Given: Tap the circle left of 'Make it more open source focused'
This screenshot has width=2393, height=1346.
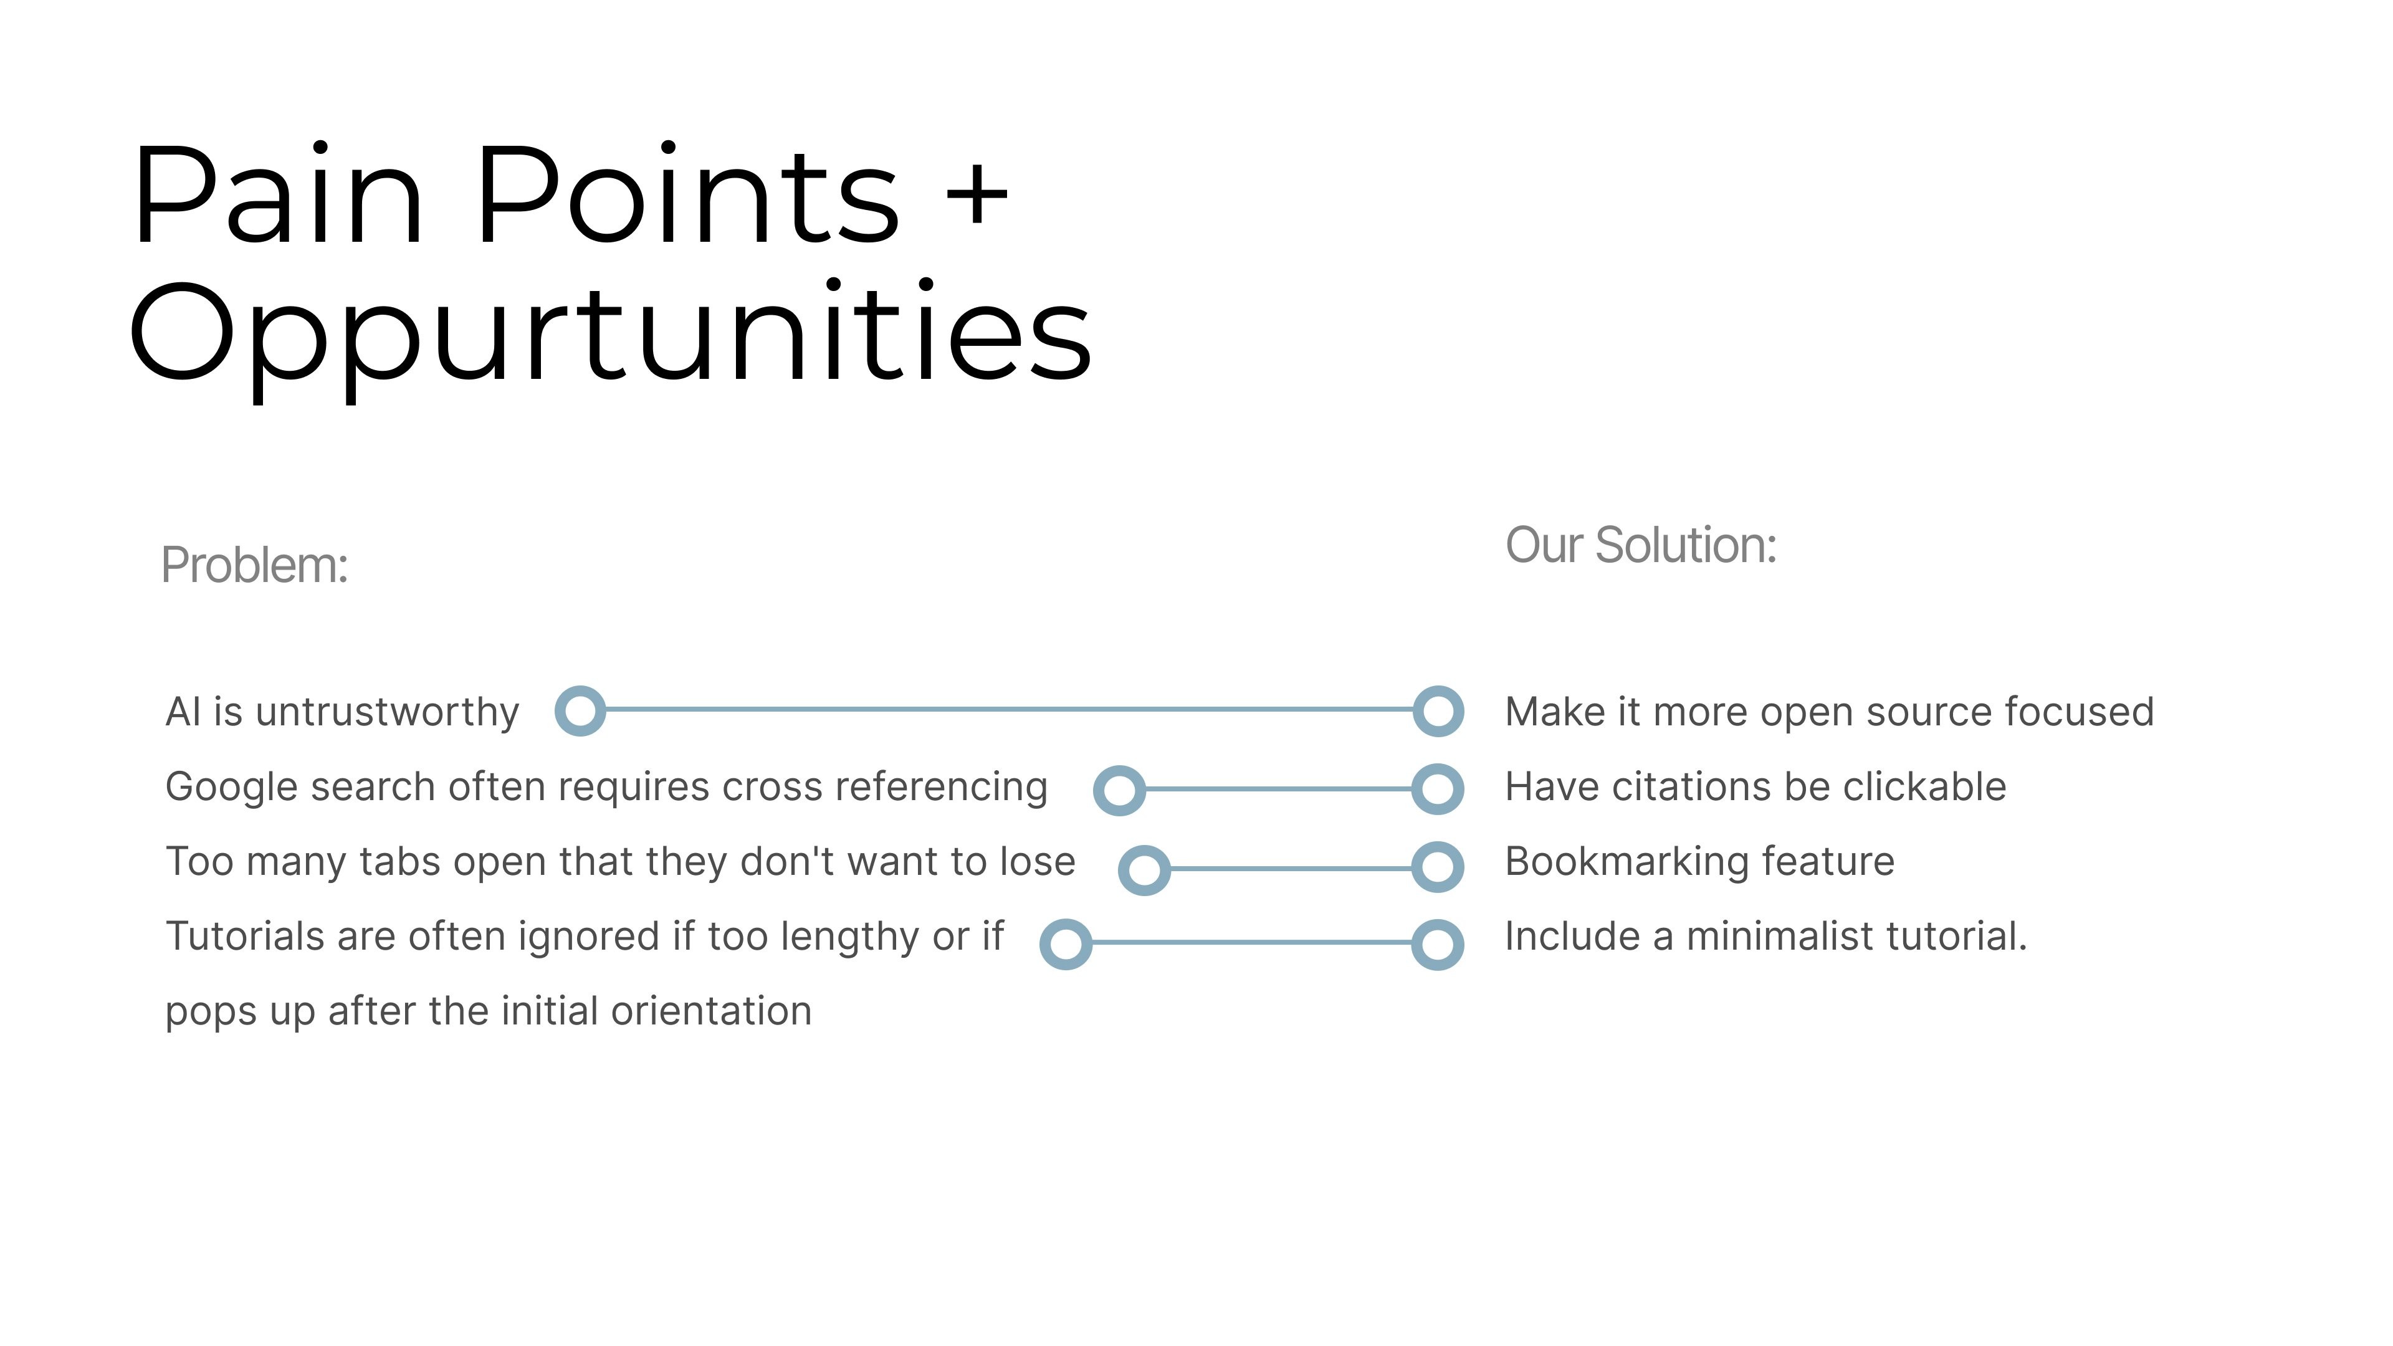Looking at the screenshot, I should (x=1438, y=712).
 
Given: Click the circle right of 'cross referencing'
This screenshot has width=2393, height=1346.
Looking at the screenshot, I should (x=1119, y=791).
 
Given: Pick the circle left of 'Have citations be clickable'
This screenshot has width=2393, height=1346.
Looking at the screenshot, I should (x=1438, y=790).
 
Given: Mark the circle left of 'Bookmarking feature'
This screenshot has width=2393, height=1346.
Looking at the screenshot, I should (x=1438, y=867).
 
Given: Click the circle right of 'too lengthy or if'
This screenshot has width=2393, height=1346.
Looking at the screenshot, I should (x=1066, y=945).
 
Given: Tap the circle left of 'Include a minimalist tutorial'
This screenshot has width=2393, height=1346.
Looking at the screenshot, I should (x=1438, y=945).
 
